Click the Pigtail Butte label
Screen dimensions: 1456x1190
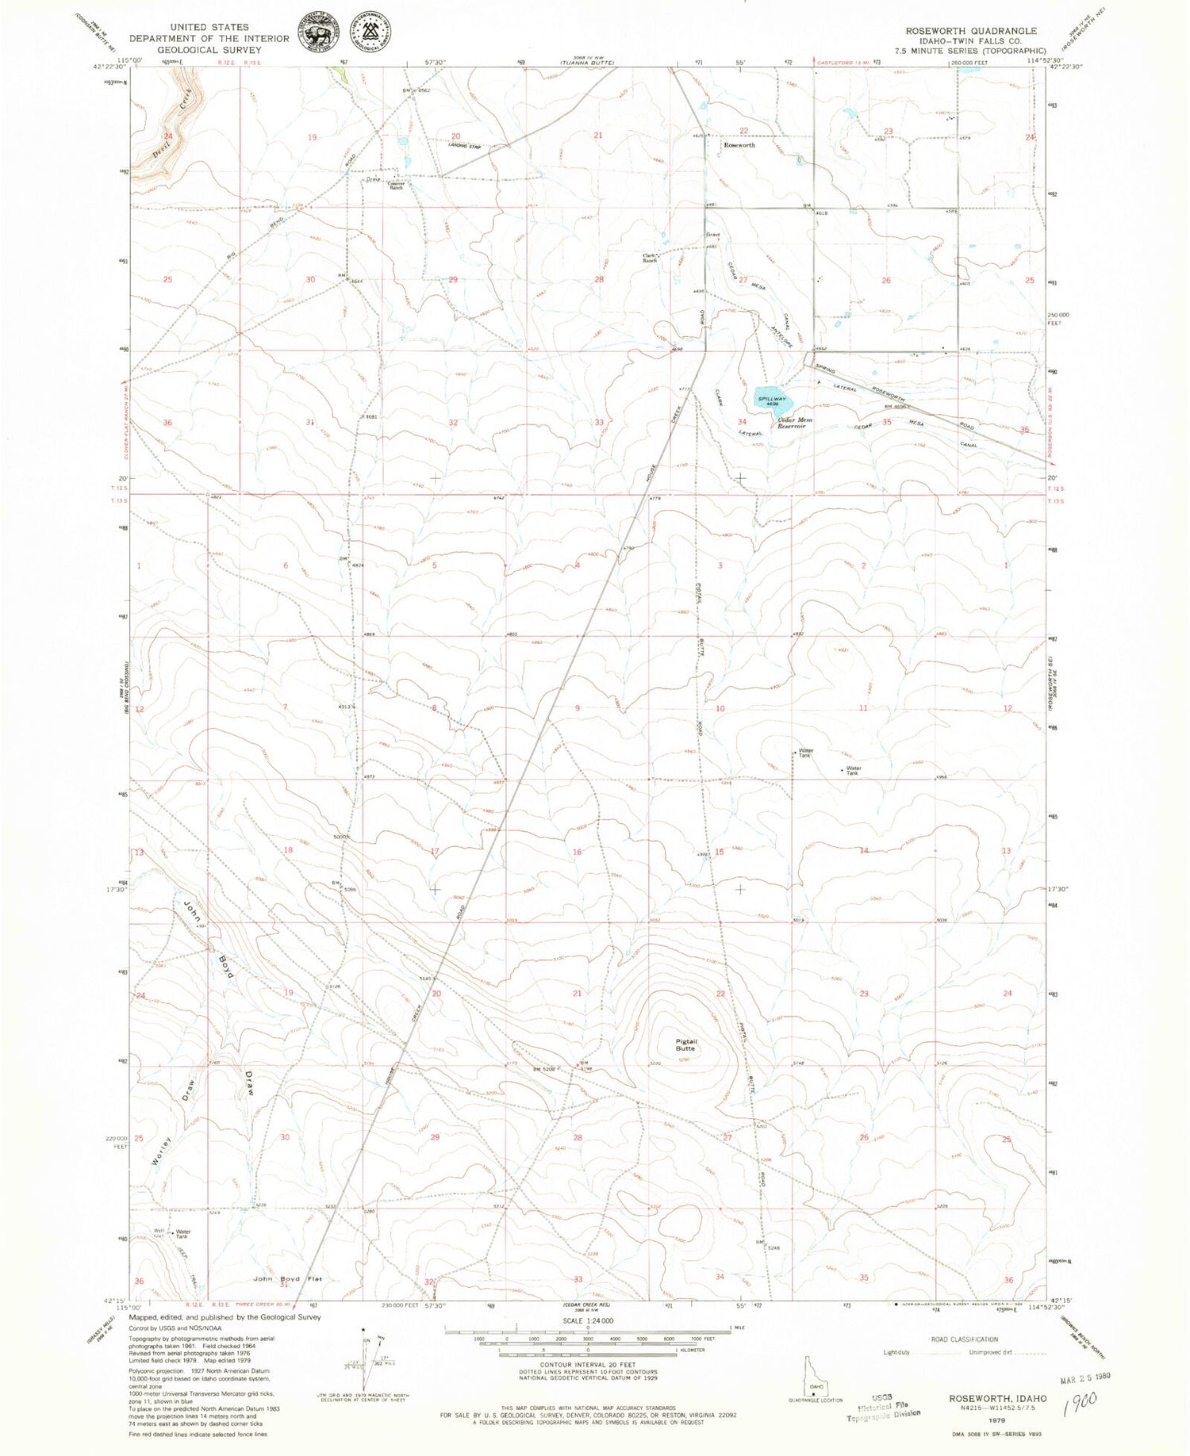click(685, 1044)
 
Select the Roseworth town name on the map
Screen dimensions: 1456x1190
click(739, 145)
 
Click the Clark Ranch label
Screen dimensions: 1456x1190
click(651, 257)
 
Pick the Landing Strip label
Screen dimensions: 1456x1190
click(465, 146)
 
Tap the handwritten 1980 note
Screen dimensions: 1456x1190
click(1082, 1399)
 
